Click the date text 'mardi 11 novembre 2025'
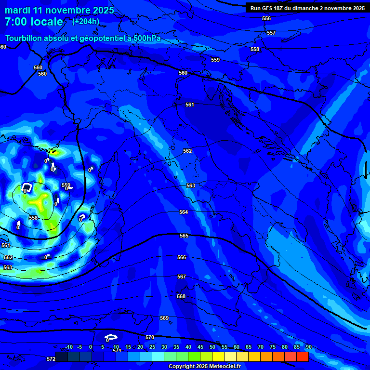pos(60,10)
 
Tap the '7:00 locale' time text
pos(34,22)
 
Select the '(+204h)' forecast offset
pos(86,22)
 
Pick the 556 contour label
pos(266,18)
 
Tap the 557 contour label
pos(271,33)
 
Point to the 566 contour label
pos(182,257)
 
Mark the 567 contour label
pos(182,277)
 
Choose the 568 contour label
pos(181,296)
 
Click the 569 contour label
pos(164,318)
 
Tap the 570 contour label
pos(150,337)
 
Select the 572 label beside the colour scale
pos(51,359)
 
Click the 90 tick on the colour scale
pos(308,347)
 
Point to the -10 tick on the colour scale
pos(68,347)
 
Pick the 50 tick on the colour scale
pos(212,347)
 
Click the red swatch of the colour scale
pos(302,357)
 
